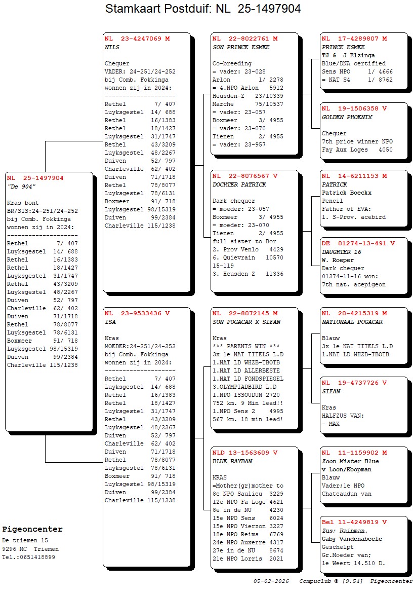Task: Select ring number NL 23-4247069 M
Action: tap(137, 39)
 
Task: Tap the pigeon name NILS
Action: tap(112, 47)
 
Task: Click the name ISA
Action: tap(110, 322)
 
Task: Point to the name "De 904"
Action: tap(21, 186)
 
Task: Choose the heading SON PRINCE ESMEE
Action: tap(241, 47)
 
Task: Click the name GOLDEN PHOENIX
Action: tap(347, 117)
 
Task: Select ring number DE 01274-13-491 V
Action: tap(358, 244)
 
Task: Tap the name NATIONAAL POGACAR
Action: tap(352, 322)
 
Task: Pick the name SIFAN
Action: tap(331, 391)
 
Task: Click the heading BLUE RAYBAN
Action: tap(232, 461)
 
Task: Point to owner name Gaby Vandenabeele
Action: tap(352, 539)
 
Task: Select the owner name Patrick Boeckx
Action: tap(347, 193)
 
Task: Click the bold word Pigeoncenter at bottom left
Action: tap(32, 530)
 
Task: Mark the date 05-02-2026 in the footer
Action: tap(271, 581)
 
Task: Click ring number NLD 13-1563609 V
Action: tap(245, 453)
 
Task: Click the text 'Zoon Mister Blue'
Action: tap(350, 461)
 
